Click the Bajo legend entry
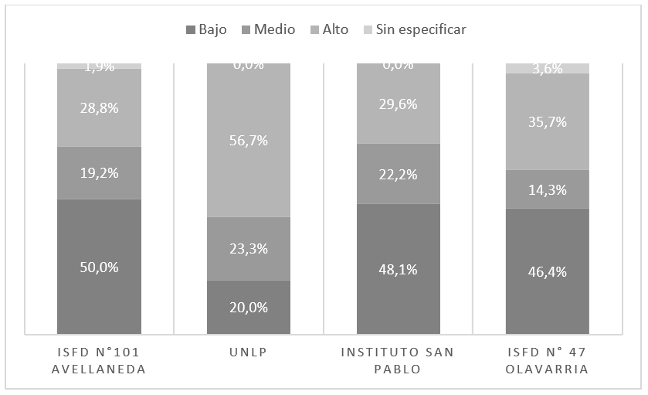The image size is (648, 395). point(206,30)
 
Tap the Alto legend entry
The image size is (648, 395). point(328,30)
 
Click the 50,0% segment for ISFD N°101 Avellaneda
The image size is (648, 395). point(99,267)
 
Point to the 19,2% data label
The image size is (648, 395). point(99,173)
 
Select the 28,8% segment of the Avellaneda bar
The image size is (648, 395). point(99,108)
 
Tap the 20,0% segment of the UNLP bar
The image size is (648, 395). point(249,307)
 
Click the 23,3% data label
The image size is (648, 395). point(249,249)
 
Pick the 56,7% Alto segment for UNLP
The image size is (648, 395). point(249,140)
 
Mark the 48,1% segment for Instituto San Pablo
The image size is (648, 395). point(399,270)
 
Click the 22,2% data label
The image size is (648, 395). point(399,174)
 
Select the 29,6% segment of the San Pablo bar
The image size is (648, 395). point(399,104)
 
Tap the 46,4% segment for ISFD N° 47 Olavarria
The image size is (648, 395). point(548,271)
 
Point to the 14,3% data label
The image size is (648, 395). point(548,189)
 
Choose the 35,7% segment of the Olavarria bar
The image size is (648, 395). point(548,121)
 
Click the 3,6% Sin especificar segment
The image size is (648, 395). point(548,69)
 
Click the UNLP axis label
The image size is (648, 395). point(249,353)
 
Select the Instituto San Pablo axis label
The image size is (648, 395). point(399,361)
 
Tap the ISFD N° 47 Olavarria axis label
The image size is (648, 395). point(548,361)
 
